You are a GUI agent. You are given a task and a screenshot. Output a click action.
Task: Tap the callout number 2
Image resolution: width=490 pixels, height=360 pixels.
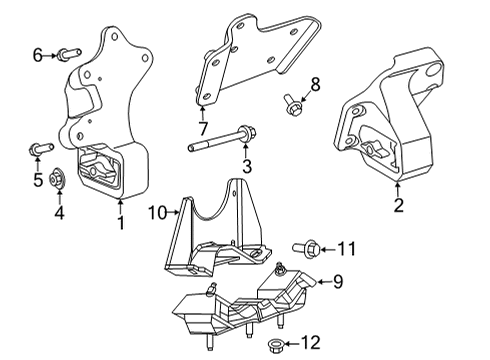(x=398, y=206)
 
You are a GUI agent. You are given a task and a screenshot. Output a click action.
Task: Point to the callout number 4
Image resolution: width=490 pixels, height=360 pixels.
(x=58, y=212)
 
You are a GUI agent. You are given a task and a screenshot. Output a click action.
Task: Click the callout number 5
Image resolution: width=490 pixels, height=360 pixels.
(x=39, y=180)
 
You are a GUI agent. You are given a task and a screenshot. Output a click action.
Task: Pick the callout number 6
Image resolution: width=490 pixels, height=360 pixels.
(x=38, y=55)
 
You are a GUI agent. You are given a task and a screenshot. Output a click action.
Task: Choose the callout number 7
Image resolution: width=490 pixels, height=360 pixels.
(x=203, y=129)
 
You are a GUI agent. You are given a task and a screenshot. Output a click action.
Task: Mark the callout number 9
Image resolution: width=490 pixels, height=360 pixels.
(x=337, y=283)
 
